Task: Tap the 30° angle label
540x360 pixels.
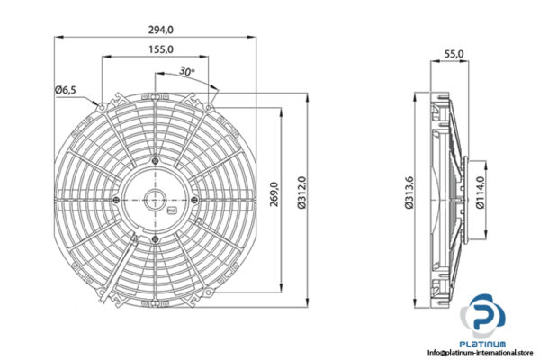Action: click(187, 71)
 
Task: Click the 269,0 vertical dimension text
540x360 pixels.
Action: click(274, 195)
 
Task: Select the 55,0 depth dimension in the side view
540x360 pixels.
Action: click(454, 54)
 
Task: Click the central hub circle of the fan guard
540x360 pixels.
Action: click(156, 199)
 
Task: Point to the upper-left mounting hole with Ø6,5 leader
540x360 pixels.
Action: click(103, 107)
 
